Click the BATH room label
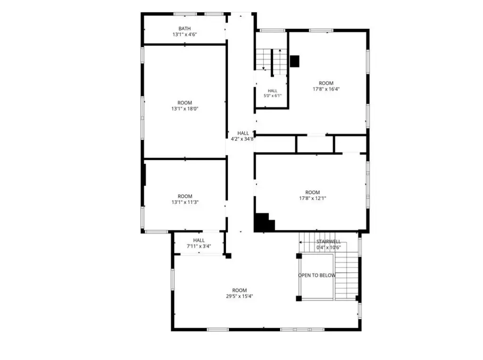point(184,29)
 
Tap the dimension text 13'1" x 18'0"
point(185,109)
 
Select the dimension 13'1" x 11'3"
point(185,202)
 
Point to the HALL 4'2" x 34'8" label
point(243,136)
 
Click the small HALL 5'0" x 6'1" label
point(273,93)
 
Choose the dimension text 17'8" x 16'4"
point(326,89)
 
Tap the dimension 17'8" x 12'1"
point(313,199)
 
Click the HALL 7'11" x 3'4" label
point(199,243)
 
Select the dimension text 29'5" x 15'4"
point(240,296)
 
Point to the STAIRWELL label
point(329,242)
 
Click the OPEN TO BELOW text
point(317,275)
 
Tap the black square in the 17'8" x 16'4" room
point(295,61)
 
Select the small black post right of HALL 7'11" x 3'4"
point(229,256)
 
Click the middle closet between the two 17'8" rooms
point(315,144)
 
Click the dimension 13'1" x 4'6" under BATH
point(185,34)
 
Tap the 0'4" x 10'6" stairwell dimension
point(329,248)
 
